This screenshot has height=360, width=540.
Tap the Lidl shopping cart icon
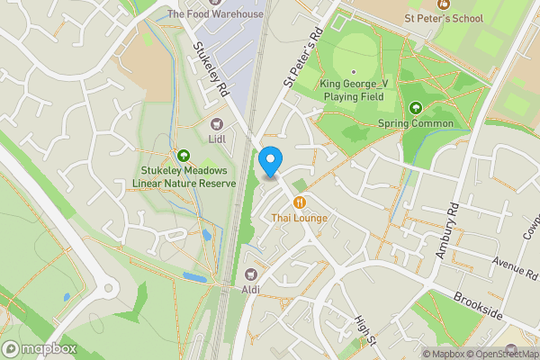[x=216, y=125]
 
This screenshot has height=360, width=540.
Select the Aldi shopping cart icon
[x=251, y=274]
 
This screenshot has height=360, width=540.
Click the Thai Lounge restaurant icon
[x=299, y=202]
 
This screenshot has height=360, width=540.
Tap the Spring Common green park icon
[x=416, y=108]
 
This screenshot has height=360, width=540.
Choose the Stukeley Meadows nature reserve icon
[x=184, y=156]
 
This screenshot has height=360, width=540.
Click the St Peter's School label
[x=444, y=18]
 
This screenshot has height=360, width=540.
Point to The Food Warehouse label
[x=216, y=14]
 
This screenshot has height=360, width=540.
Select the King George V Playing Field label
[x=353, y=90]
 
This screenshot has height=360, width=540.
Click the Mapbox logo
[x=39, y=348]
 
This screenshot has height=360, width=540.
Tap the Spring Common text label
[x=416, y=123]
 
